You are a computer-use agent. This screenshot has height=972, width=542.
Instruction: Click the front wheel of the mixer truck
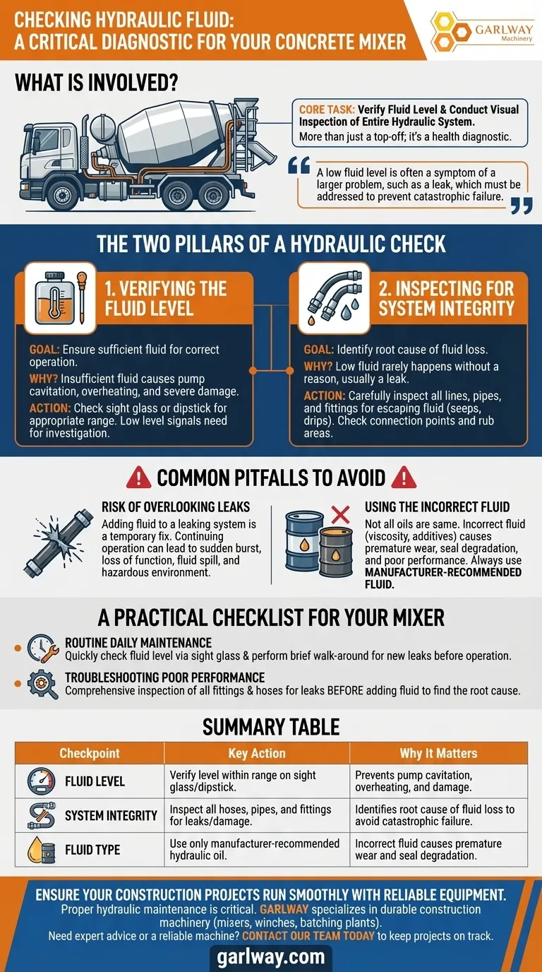(61, 194)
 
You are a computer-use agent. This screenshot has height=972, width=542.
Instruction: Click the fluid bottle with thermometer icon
(54, 297)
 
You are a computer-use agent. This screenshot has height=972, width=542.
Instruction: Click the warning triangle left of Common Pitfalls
(138, 478)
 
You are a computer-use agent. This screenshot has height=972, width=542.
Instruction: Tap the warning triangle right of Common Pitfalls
(404, 478)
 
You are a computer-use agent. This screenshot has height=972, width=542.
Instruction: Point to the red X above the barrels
(340, 515)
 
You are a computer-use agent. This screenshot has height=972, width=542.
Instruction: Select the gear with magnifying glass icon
(43, 684)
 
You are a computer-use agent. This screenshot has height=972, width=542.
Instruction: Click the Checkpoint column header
(90, 753)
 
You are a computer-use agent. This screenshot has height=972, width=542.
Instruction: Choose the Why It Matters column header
(438, 753)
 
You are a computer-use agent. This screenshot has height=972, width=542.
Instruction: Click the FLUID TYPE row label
(92, 850)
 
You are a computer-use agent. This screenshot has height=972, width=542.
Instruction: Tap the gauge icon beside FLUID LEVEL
(41, 781)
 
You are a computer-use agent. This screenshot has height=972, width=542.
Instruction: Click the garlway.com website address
(271, 956)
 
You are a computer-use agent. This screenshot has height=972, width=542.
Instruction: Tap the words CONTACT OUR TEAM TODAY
(308, 935)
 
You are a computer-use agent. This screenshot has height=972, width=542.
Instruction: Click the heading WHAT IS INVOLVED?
(96, 83)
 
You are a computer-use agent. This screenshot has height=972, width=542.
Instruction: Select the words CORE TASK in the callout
(327, 109)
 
